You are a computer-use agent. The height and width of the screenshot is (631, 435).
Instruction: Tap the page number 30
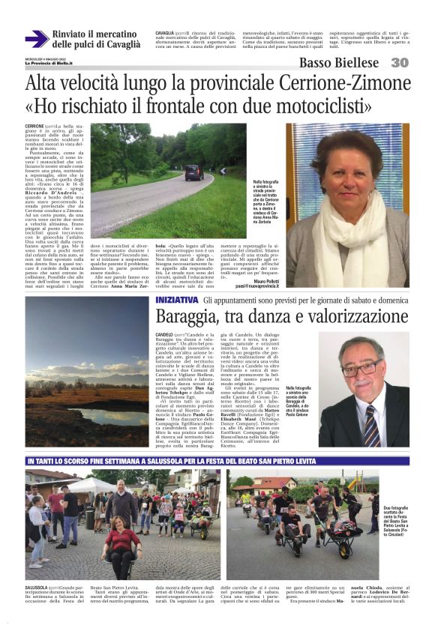click(x=400, y=63)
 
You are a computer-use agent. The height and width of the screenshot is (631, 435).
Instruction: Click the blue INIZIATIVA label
click(x=177, y=299)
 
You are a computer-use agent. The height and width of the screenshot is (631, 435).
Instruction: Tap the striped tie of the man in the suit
click(x=371, y=419)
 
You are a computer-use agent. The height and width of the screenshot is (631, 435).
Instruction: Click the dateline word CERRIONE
click(x=34, y=126)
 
